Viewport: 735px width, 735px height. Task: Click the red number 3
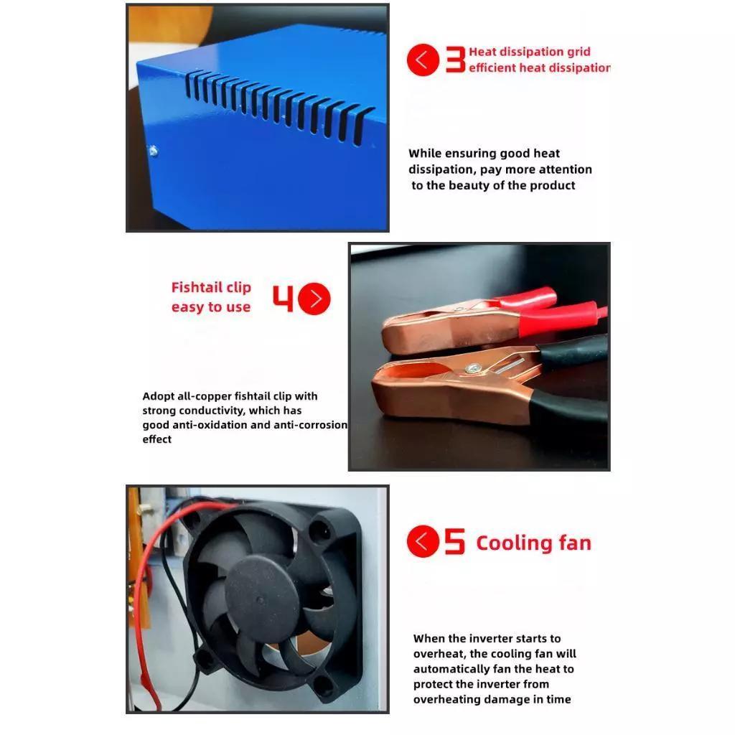point(455,60)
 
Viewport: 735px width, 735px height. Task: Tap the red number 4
point(283,298)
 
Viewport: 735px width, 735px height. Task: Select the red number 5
point(454,541)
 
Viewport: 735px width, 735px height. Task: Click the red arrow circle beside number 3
point(423,60)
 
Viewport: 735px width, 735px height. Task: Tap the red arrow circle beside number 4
point(314,299)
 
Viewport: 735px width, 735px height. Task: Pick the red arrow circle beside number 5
point(423,541)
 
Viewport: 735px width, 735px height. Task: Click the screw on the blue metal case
point(153,151)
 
